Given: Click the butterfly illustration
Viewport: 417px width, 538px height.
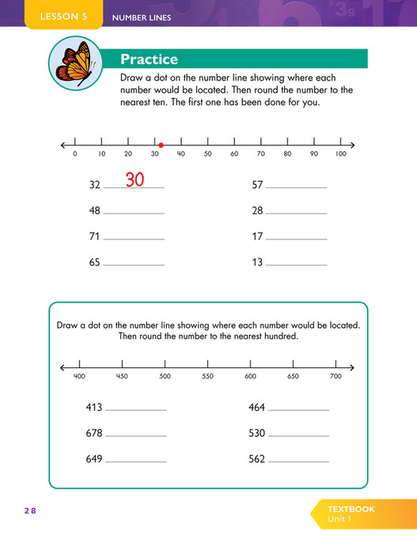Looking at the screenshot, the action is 73,65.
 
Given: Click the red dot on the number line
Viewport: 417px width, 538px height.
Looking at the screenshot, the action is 161,145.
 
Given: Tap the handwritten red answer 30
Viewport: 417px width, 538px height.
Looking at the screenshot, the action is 135,180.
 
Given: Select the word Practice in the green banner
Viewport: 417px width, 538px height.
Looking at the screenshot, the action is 149,59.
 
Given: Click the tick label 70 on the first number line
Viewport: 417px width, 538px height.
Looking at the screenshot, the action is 260,154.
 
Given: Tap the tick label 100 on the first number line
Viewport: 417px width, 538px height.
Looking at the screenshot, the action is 341,154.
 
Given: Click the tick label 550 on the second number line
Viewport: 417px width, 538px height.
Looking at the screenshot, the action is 207,377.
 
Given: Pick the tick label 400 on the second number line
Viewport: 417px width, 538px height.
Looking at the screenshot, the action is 79,377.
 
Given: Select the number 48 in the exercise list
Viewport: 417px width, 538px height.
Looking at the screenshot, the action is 95,211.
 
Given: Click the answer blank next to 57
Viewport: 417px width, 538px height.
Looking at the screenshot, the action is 297,186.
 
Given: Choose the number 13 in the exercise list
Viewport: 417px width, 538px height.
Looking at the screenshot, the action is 257,262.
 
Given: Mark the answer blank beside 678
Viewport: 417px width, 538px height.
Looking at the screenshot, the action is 136,435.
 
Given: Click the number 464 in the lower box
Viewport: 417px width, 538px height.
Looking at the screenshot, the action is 256,408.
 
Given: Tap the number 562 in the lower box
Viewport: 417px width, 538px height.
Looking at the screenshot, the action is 256,458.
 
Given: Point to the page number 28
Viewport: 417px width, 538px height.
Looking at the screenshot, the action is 29,511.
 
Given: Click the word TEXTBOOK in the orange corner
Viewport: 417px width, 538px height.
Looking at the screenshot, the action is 351,509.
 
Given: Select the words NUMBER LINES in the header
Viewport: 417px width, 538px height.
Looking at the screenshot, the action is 142,17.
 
